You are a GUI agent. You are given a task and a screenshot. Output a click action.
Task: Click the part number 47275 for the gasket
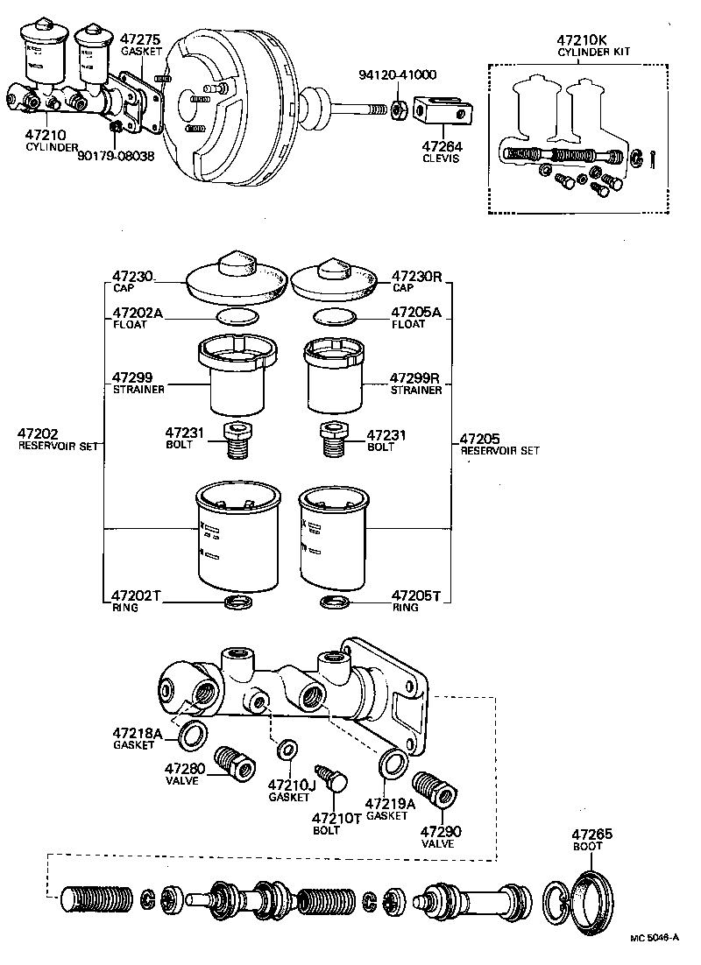[x=139, y=39]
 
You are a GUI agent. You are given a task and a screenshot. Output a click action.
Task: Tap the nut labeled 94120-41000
[x=395, y=109]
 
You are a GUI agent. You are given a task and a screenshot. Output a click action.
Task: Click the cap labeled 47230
[x=238, y=276]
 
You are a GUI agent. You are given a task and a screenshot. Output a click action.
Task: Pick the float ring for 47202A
[x=237, y=316]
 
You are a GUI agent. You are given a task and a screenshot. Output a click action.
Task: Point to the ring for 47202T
[x=238, y=602]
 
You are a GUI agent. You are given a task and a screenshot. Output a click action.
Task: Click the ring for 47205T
[x=335, y=602]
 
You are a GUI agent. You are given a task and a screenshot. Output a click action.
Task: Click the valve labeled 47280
[x=232, y=759]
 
